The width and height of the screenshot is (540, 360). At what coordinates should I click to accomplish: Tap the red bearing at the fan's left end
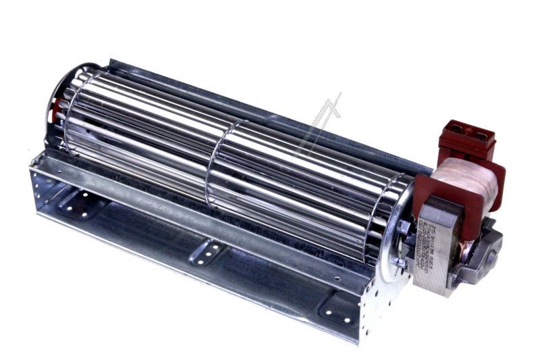click(59, 108)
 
